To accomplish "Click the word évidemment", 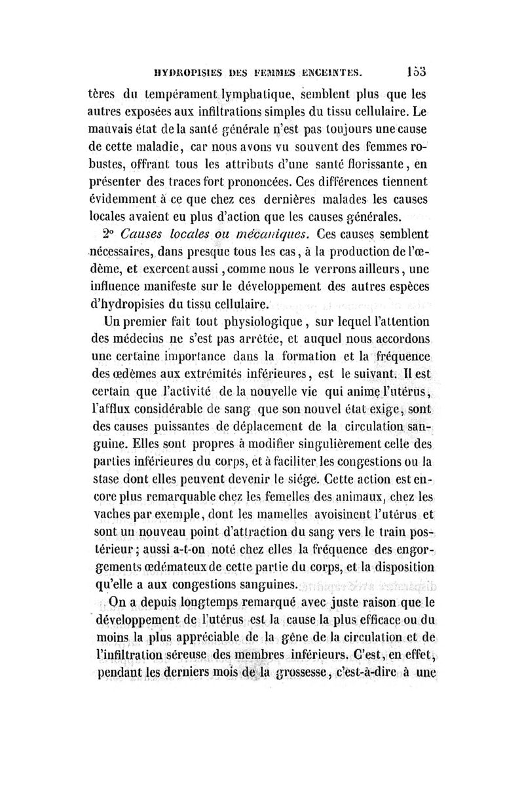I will (126, 196).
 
